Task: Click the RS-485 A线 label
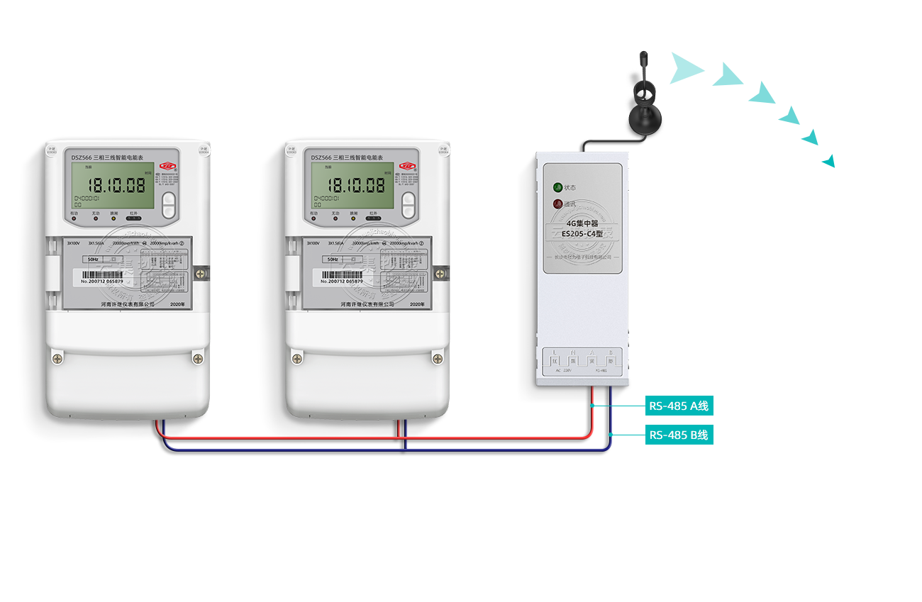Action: pos(679,406)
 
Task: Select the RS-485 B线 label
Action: pos(679,435)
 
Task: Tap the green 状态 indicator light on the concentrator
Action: pos(558,188)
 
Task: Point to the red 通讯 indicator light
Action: pos(558,205)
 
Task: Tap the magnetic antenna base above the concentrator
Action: pos(643,116)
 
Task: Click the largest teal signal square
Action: pos(687,68)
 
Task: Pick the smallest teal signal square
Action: pos(828,161)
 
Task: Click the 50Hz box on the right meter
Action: pos(333,260)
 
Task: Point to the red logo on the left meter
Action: pos(167,166)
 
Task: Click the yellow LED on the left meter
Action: pos(113,218)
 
